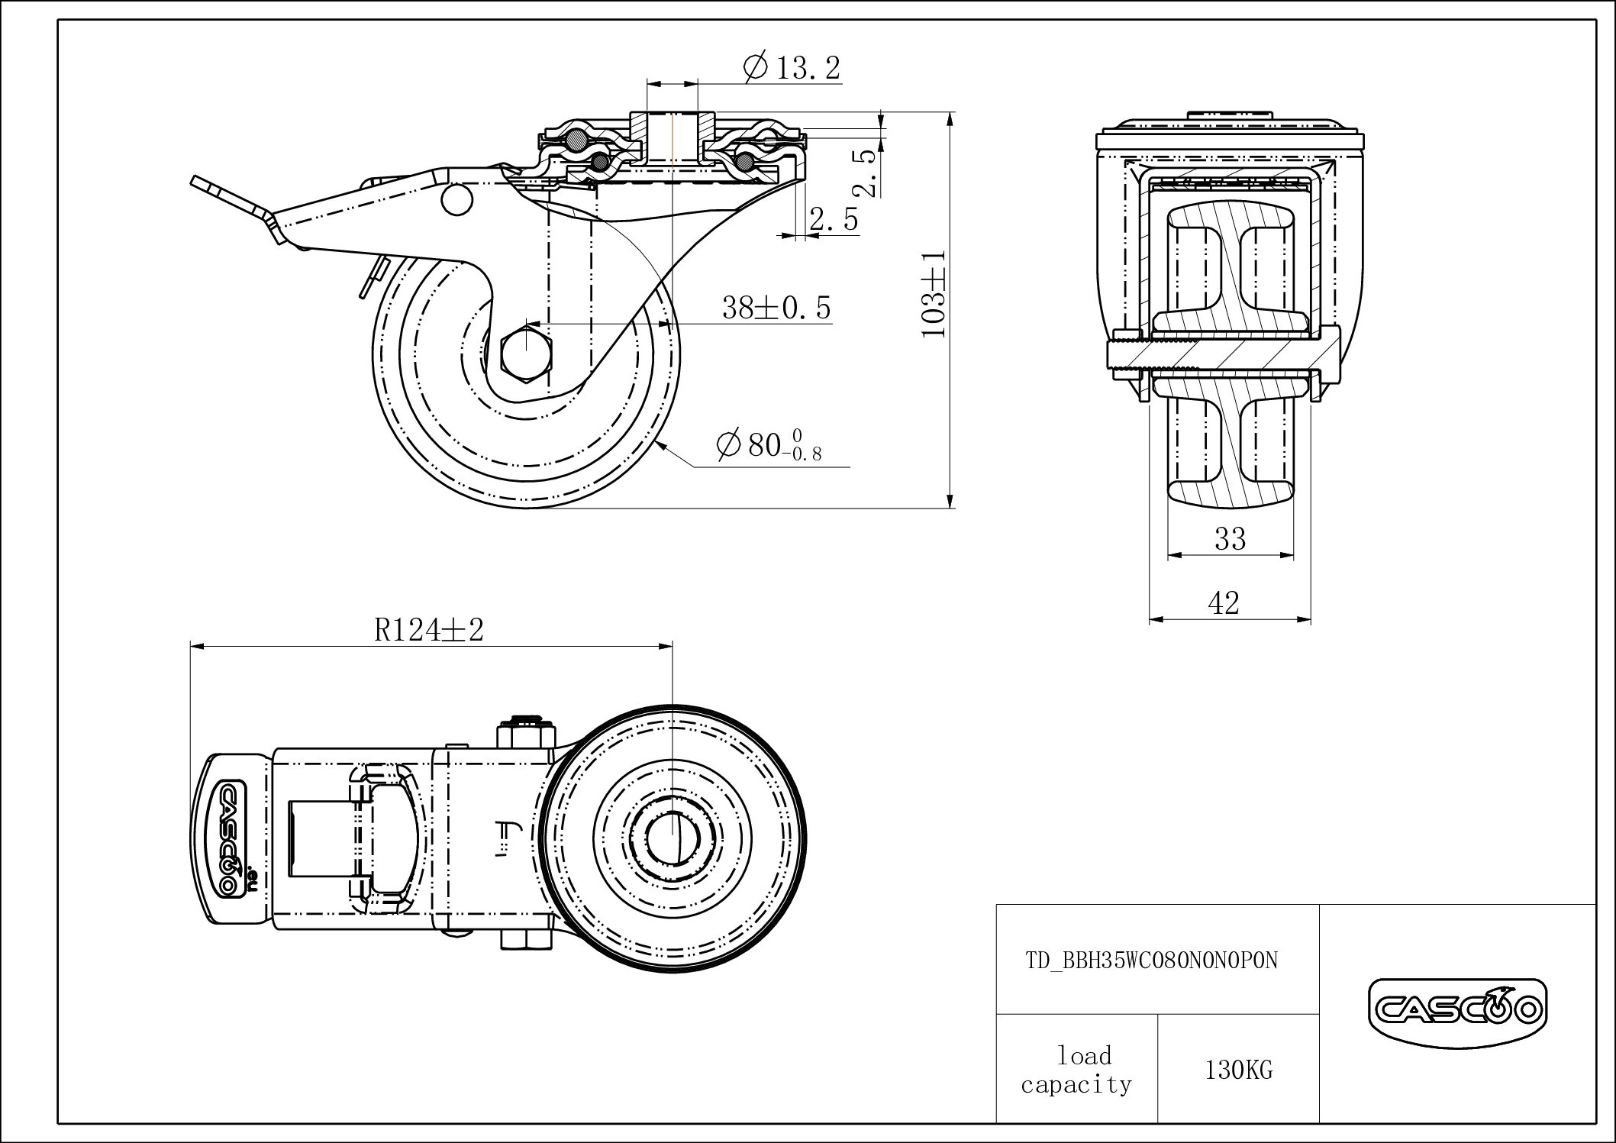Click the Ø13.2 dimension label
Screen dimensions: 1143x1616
click(792, 68)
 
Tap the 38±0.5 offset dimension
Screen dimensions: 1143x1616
click(776, 308)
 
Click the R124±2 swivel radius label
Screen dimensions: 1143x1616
click(429, 631)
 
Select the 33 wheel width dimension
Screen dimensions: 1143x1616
click(1230, 540)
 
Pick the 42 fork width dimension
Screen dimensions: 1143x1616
click(1224, 604)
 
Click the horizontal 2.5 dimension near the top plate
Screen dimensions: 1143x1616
click(834, 220)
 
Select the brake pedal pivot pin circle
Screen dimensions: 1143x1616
click(456, 200)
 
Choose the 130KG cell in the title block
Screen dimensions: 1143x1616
click(1238, 1070)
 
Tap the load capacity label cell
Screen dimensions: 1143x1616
click(1076, 1070)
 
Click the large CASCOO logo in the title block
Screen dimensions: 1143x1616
click(1456, 1009)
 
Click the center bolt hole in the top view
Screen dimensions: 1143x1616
click(673, 831)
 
